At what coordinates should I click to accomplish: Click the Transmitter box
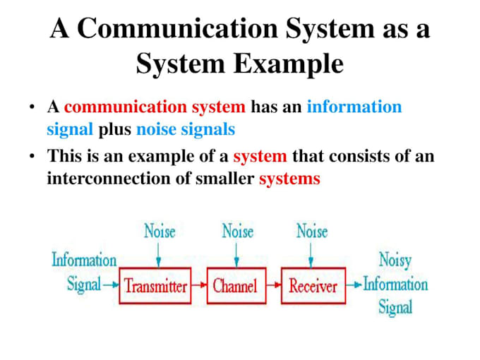click(x=155, y=286)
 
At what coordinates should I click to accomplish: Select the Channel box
click(x=235, y=286)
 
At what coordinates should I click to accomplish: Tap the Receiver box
click(x=313, y=286)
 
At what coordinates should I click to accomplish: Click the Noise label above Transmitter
click(x=160, y=231)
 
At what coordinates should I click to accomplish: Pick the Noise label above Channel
click(x=237, y=231)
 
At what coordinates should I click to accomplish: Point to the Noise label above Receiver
click(x=312, y=231)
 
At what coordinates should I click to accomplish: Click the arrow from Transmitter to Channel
click(x=199, y=286)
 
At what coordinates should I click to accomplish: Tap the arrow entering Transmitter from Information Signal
click(x=111, y=286)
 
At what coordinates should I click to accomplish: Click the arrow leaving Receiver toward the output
click(x=352, y=286)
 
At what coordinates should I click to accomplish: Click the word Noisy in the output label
click(x=395, y=260)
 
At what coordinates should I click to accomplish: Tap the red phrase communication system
click(x=155, y=107)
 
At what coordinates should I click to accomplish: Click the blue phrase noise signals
click(x=186, y=130)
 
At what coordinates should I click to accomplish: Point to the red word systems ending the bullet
click(x=289, y=179)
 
